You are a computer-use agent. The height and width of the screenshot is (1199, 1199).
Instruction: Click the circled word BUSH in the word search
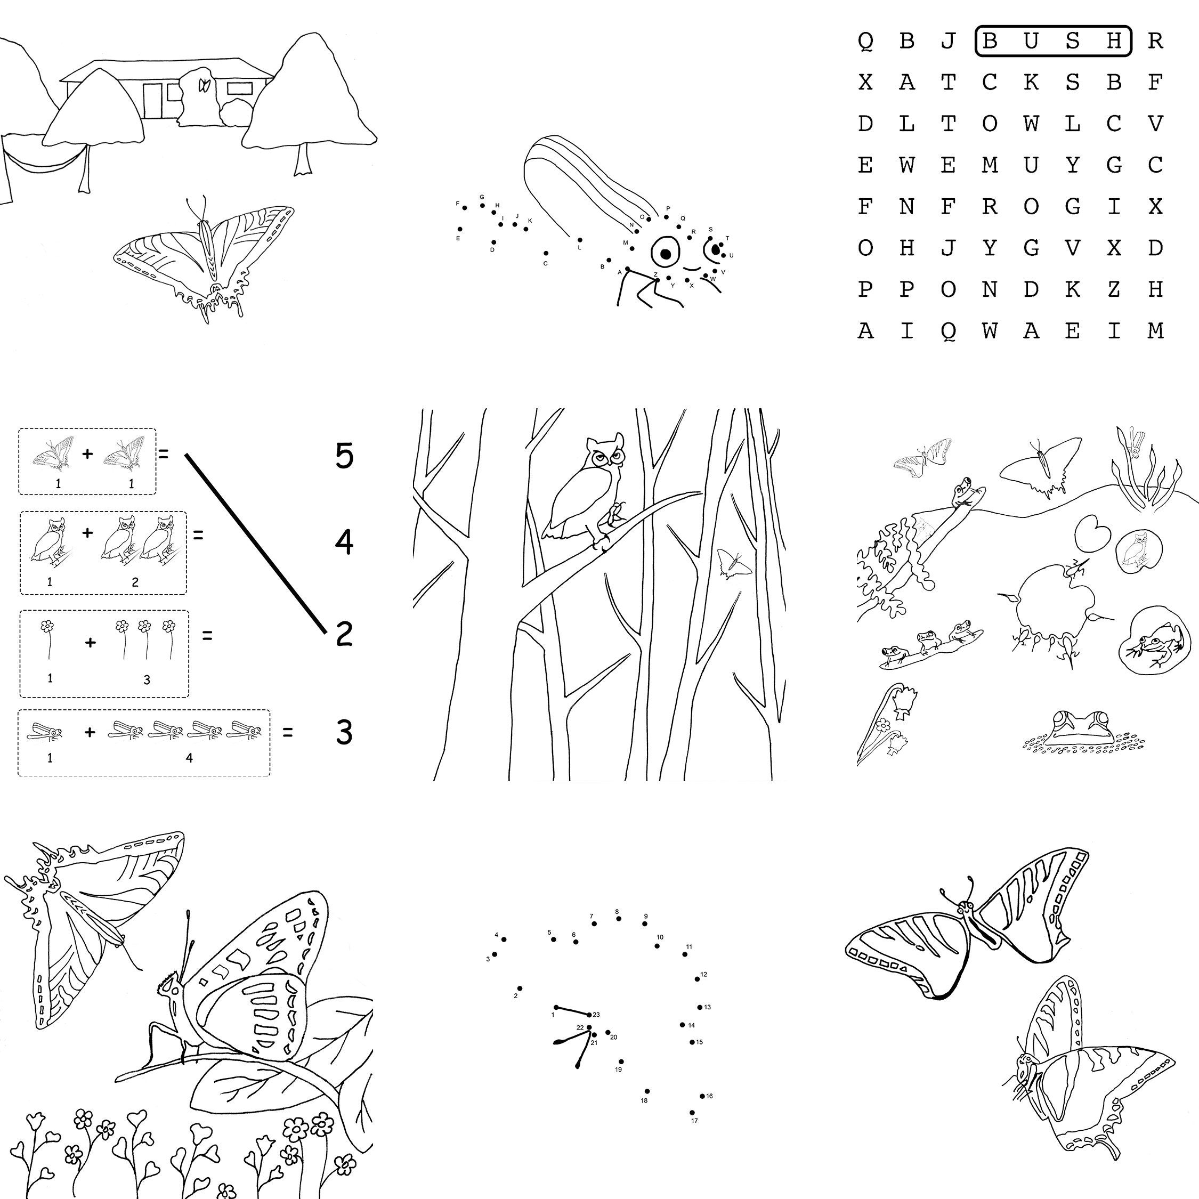coord(1053,41)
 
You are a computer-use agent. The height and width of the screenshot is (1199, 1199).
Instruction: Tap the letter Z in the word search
coord(1114,289)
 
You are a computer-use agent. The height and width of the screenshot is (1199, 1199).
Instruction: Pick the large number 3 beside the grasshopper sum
coord(344,732)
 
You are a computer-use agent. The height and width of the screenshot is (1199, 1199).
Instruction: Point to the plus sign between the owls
coord(87,532)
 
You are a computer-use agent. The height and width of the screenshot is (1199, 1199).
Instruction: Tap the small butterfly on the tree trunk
coord(734,563)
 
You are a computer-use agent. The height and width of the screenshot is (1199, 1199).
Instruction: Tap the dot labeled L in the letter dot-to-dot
coord(580,240)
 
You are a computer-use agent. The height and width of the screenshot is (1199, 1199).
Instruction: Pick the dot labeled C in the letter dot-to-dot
coord(546,253)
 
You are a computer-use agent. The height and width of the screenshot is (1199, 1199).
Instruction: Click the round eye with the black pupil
coord(665,253)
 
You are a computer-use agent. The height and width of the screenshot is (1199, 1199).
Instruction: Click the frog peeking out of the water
coord(1081,728)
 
